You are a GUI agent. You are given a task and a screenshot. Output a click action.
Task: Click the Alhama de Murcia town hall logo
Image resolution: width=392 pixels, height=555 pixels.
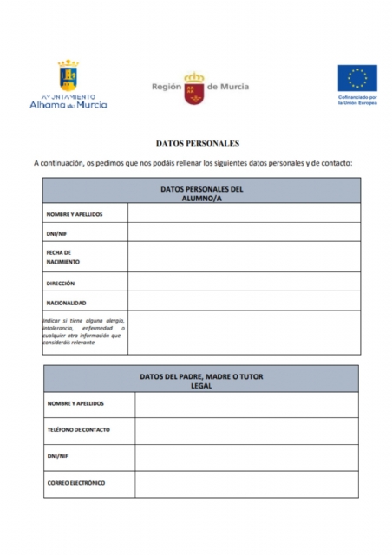point(69,84)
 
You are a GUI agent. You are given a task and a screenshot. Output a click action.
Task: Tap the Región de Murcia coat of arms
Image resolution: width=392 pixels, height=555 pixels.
point(193,88)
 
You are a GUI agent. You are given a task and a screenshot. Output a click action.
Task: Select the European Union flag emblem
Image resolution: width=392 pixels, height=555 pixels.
point(356,78)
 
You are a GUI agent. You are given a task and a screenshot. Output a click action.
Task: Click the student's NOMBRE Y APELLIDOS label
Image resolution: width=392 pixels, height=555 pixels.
point(75,213)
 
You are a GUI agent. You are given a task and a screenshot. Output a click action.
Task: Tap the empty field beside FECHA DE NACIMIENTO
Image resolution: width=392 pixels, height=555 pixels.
point(244,257)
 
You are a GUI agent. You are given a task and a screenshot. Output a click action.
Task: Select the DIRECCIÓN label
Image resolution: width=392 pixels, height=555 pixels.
point(61,284)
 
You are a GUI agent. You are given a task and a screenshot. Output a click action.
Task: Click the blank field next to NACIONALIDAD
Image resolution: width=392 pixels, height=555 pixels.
point(244,302)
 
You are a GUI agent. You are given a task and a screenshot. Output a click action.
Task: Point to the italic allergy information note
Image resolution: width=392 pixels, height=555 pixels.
point(84,331)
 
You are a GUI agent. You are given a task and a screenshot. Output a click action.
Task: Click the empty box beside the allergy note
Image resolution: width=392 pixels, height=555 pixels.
point(244,332)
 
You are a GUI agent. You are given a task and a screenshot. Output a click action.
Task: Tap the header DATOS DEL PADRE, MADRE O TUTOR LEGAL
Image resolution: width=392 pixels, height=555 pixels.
point(201,381)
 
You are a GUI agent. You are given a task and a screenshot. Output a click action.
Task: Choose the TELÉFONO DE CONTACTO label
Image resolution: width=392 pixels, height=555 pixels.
point(79,430)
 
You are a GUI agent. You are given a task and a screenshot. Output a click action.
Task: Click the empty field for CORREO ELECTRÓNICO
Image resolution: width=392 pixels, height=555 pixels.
point(246,483)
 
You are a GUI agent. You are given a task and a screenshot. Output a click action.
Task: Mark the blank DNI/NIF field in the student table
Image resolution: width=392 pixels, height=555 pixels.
point(244,232)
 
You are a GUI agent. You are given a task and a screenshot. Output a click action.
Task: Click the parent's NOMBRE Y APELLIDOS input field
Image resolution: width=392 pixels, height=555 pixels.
point(246,404)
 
